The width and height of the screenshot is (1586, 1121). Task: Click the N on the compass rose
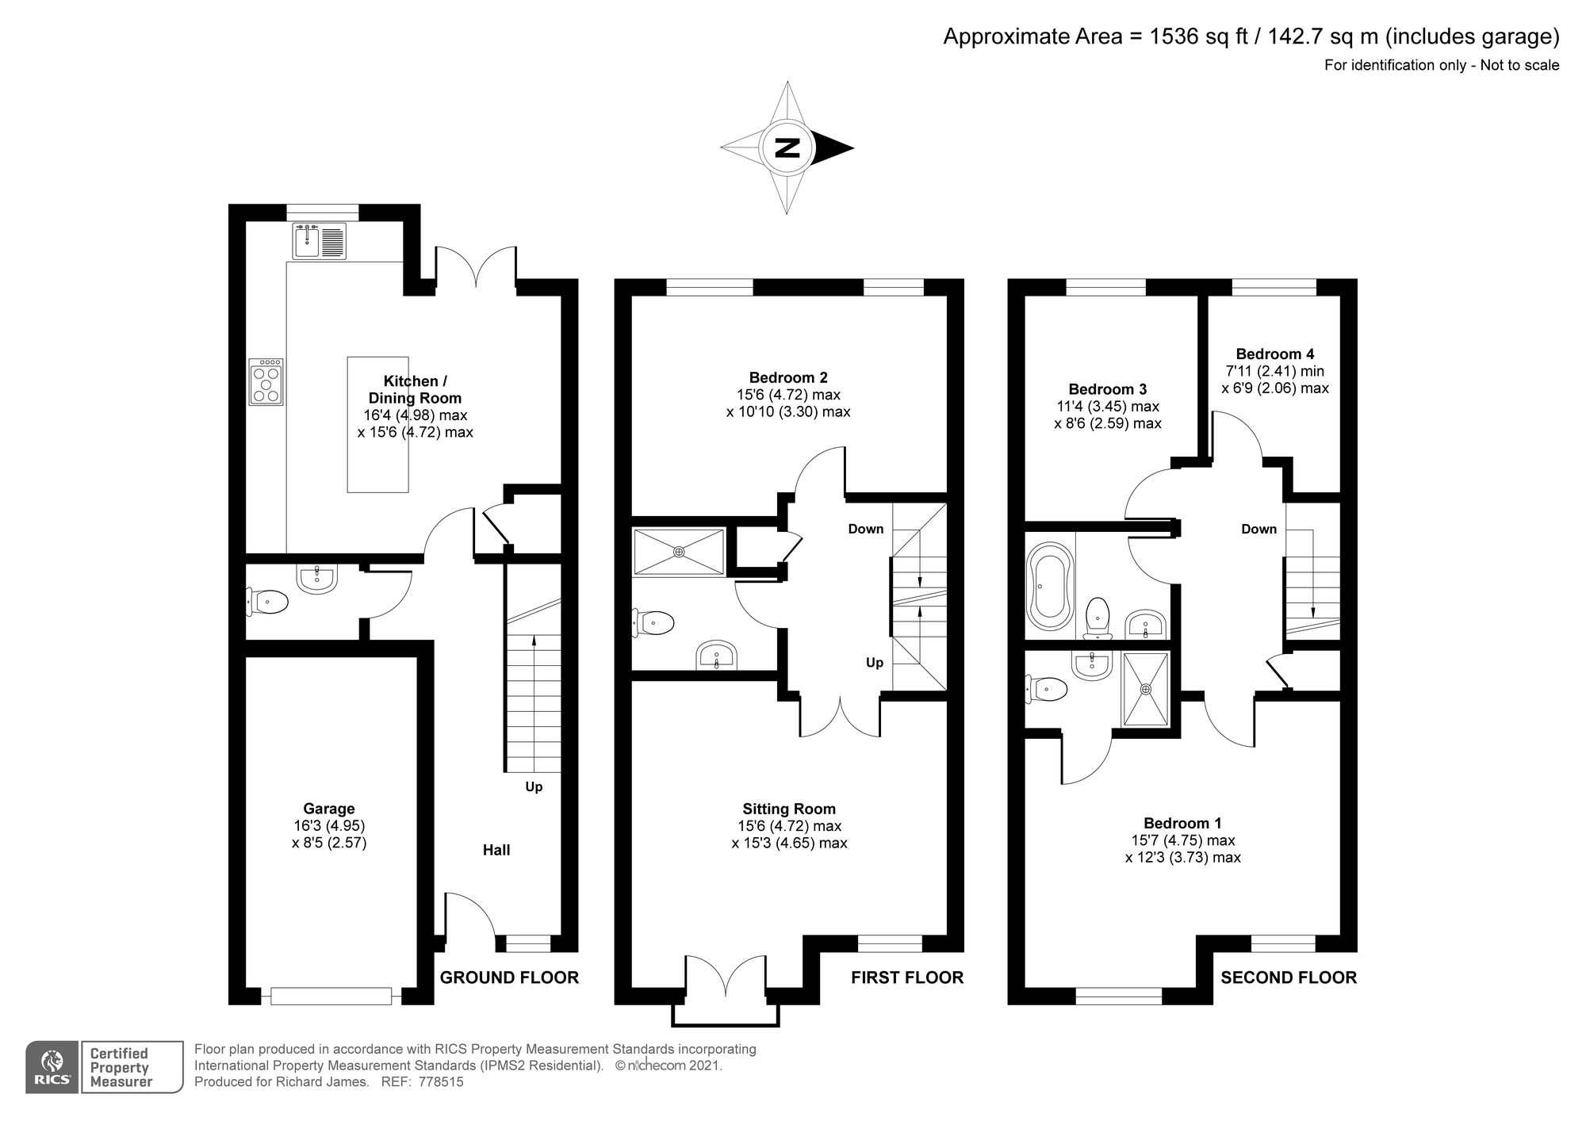click(787, 147)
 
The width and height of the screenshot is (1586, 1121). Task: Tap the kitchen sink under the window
click(320, 241)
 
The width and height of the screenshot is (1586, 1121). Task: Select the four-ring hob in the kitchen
click(266, 382)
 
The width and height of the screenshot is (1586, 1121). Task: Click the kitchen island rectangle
click(378, 424)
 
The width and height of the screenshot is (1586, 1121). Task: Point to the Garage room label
click(329, 809)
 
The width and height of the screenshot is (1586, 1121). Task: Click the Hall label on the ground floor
click(496, 850)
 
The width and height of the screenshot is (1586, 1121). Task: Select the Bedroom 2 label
click(788, 377)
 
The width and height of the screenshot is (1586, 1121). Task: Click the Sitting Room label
click(789, 809)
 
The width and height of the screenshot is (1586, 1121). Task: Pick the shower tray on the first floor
click(679, 552)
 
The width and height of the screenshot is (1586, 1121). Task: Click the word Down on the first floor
click(866, 529)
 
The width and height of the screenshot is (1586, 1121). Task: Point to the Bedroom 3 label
click(1108, 388)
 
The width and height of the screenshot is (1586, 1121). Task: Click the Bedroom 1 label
click(1183, 823)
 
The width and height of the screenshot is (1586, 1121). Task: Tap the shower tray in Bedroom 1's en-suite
click(1146, 689)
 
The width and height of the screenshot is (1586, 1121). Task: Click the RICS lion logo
click(52, 1067)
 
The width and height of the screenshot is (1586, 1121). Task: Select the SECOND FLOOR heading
click(1289, 978)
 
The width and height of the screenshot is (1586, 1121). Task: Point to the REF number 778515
click(441, 1082)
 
